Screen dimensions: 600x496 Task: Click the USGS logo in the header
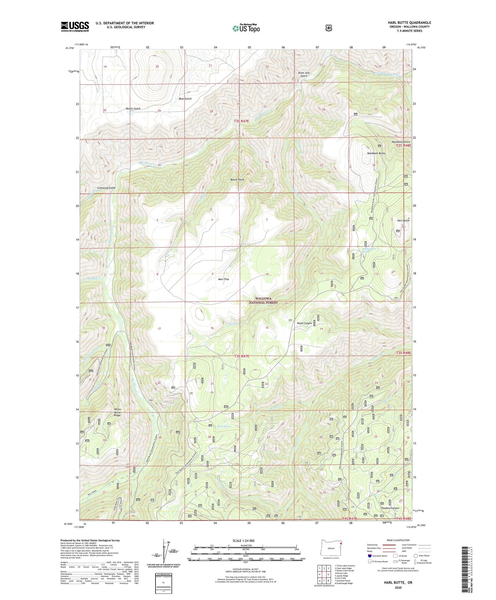pyautogui.click(x=75, y=26)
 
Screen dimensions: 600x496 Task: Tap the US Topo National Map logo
pyautogui.click(x=246, y=28)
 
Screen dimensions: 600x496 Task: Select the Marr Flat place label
pyautogui.click(x=223, y=279)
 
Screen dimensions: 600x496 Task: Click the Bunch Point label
pyautogui.click(x=237, y=180)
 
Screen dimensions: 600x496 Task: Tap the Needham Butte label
pyautogui.click(x=376, y=153)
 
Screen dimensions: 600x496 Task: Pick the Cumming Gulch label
pyautogui.click(x=106, y=188)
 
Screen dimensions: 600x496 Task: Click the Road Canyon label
pyautogui.click(x=304, y=323)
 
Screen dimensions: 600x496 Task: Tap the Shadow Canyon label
pyautogui.click(x=390, y=508)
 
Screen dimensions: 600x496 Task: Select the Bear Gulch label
pyautogui.click(x=185, y=99)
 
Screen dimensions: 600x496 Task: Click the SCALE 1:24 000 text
pyautogui.click(x=243, y=541)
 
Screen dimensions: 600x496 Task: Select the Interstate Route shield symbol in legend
pyautogui.click(x=370, y=556)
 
